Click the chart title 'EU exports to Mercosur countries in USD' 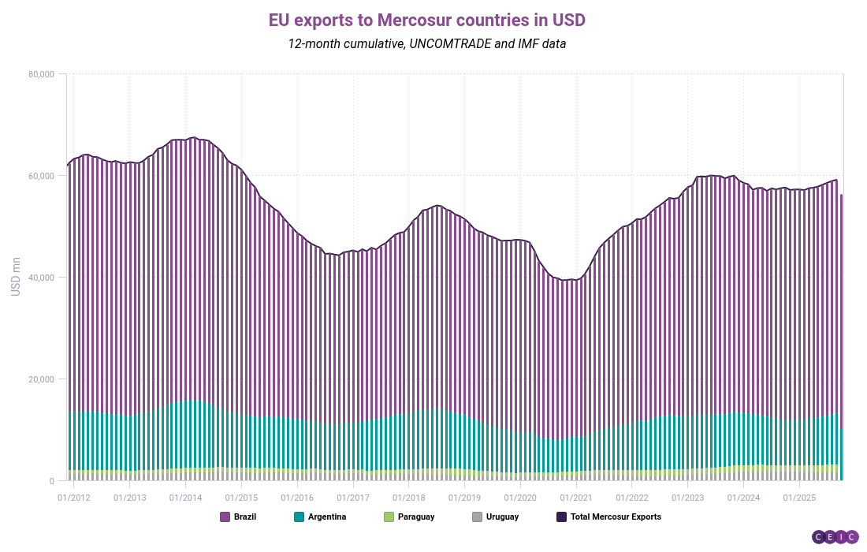coord(427,19)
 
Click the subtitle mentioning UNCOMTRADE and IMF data coord(427,43)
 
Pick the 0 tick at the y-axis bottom coord(50,481)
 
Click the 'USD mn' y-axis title coord(16,277)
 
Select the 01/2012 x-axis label coord(73,498)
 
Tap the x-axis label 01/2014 coord(185,498)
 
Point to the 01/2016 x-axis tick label coord(297,498)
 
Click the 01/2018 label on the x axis coord(409,498)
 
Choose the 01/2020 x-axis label coord(520,498)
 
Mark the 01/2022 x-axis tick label coord(632,498)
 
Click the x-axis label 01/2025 coord(800,498)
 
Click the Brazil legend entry coord(238,517)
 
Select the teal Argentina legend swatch coord(299,517)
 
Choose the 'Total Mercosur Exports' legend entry coord(608,517)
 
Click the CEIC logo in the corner coord(835,537)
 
